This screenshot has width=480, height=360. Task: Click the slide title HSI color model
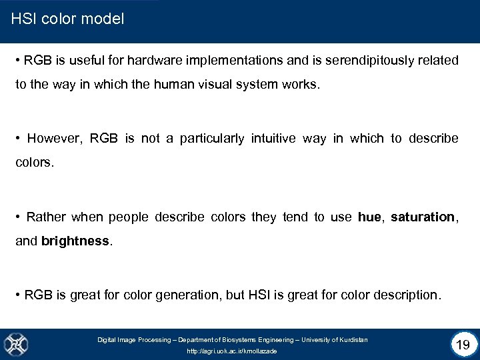pyautogui.click(x=68, y=19)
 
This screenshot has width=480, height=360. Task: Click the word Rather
pyautogui.click(x=46, y=217)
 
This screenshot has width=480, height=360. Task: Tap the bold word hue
pyautogui.click(x=370, y=217)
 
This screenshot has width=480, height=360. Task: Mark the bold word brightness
pyautogui.click(x=75, y=241)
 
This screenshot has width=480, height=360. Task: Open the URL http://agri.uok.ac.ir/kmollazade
pyautogui.click(x=232, y=351)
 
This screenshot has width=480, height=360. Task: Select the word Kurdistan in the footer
pyautogui.click(x=353, y=340)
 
